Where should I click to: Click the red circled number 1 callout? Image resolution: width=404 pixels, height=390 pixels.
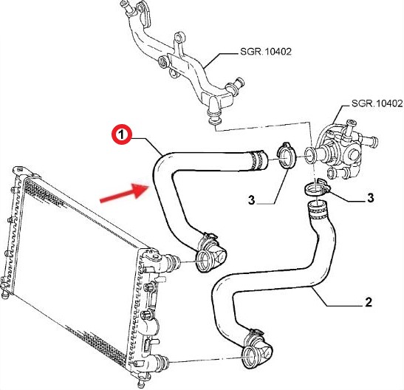tap(122, 134)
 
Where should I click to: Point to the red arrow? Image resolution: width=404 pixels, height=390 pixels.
tap(123, 193)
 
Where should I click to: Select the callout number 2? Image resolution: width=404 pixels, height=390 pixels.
tap(369, 302)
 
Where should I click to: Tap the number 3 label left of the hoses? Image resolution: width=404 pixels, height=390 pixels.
tap(251, 199)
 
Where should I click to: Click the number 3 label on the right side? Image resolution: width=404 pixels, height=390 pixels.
tap(370, 198)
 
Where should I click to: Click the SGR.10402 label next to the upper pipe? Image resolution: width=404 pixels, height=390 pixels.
tap(266, 52)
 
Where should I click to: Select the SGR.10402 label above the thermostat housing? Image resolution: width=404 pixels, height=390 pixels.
tap(377, 103)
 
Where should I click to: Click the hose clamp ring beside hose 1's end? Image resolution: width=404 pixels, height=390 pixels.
tap(286, 155)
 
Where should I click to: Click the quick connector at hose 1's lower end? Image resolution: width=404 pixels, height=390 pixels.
tap(210, 253)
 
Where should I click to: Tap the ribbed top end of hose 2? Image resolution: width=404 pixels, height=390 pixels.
tap(317, 210)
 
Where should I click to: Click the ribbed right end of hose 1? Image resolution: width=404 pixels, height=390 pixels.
tap(259, 160)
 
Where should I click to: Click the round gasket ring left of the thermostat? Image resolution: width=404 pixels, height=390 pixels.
tap(309, 155)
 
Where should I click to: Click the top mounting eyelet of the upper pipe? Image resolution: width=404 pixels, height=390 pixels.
tap(179, 38)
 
